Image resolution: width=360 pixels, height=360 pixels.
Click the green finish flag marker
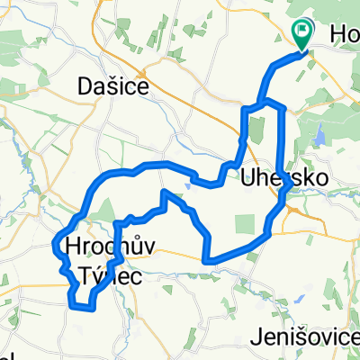click(301, 33)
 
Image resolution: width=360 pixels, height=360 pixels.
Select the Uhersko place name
click(276, 178)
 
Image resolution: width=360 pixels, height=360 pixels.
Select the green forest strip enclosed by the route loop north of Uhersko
click(254, 130)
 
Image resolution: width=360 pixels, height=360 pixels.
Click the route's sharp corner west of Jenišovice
click(207, 261)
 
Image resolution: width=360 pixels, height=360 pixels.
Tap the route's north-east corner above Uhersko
click(283, 108)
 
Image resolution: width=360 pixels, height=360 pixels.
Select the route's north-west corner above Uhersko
click(244, 109)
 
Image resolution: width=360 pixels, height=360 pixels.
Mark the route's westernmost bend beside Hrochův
click(58, 243)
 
